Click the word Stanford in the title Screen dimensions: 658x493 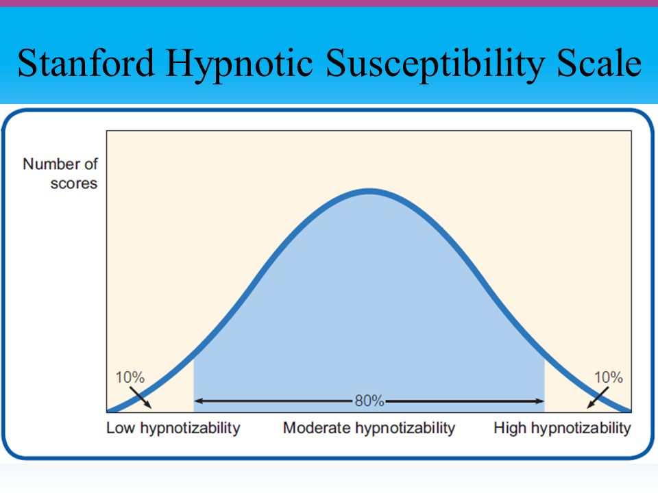point(86,63)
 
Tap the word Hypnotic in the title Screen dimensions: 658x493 point(239,66)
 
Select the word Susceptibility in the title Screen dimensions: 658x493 point(435,66)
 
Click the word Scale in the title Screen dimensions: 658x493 point(599,62)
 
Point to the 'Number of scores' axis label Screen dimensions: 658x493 point(60,173)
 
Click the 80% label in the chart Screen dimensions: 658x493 point(369,401)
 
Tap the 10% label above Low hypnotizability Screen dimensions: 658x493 point(130,377)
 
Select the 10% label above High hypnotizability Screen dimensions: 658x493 point(609,377)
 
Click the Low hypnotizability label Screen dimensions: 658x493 point(173,428)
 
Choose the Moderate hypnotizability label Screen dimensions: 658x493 point(369,428)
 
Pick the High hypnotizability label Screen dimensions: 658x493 point(562,428)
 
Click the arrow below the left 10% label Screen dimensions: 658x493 point(141,397)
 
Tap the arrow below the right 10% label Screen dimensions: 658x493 point(598,397)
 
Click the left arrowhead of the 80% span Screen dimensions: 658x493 point(197,401)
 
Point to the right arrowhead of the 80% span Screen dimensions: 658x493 point(541,401)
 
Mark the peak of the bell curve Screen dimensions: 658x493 point(369,192)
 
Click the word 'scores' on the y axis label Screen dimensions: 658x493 point(74,184)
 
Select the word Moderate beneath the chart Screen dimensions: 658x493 point(317,428)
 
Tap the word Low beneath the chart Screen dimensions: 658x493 point(121,428)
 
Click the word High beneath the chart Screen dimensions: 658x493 point(510,428)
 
